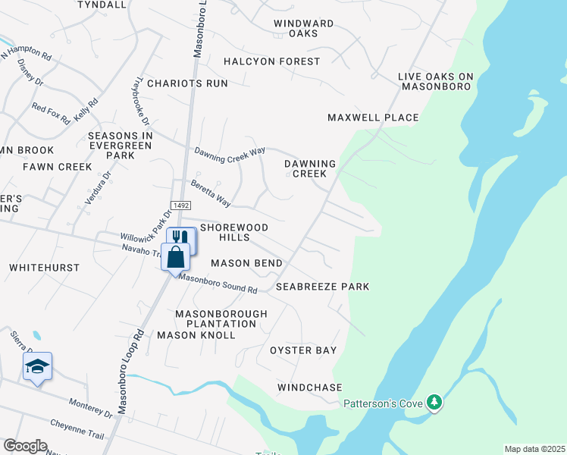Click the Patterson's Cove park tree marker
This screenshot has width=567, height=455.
(434, 402)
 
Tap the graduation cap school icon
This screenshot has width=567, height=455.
(36, 367)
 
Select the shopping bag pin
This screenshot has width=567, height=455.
(175, 256)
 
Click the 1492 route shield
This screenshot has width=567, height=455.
(180, 206)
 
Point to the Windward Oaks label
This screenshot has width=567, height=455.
(304, 28)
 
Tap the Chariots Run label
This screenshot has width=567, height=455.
(187, 83)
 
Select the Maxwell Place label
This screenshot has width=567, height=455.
(373, 118)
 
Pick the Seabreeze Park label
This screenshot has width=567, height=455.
(322, 287)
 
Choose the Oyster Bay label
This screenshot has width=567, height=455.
(303, 350)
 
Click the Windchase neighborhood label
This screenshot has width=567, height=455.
(310, 388)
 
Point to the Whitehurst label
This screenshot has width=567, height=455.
(39, 268)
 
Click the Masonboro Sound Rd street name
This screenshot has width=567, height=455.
(218, 284)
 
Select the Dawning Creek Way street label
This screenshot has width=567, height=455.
(230, 151)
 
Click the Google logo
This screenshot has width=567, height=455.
(25, 446)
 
